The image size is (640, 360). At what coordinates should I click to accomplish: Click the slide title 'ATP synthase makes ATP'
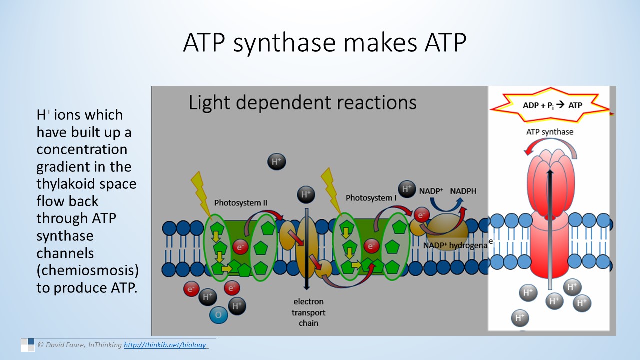point(324,43)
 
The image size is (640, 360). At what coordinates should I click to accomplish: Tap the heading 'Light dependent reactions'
point(302,102)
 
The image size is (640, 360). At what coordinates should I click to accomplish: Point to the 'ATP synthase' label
point(549,132)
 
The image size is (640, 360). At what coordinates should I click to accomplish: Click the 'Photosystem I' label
point(370,198)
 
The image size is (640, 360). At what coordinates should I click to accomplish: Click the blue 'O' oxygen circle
point(218,315)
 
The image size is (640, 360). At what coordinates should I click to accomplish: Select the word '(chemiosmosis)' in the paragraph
point(87,271)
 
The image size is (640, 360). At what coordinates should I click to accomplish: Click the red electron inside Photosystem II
point(241,247)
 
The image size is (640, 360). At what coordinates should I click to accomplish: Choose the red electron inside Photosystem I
point(371,246)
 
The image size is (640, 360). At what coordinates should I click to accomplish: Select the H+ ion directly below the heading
point(276,161)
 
